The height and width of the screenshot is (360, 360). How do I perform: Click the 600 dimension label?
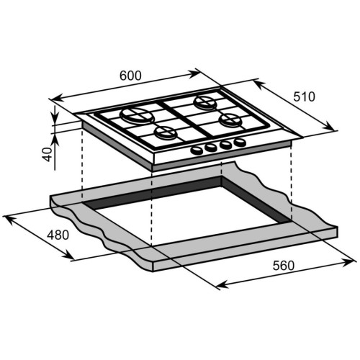click(130, 76)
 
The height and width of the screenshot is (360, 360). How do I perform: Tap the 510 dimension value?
click(304, 96)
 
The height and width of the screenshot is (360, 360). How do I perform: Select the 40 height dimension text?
click(47, 154)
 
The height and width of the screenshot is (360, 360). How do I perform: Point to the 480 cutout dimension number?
click(58, 235)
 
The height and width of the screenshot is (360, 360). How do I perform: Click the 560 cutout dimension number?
click(284, 266)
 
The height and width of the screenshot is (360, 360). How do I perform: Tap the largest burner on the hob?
click(137, 115)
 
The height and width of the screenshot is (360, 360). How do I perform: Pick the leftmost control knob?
click(197, 150)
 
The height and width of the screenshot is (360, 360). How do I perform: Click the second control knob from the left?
click(211, 148)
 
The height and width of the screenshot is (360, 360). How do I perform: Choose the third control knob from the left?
click(225, 145)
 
